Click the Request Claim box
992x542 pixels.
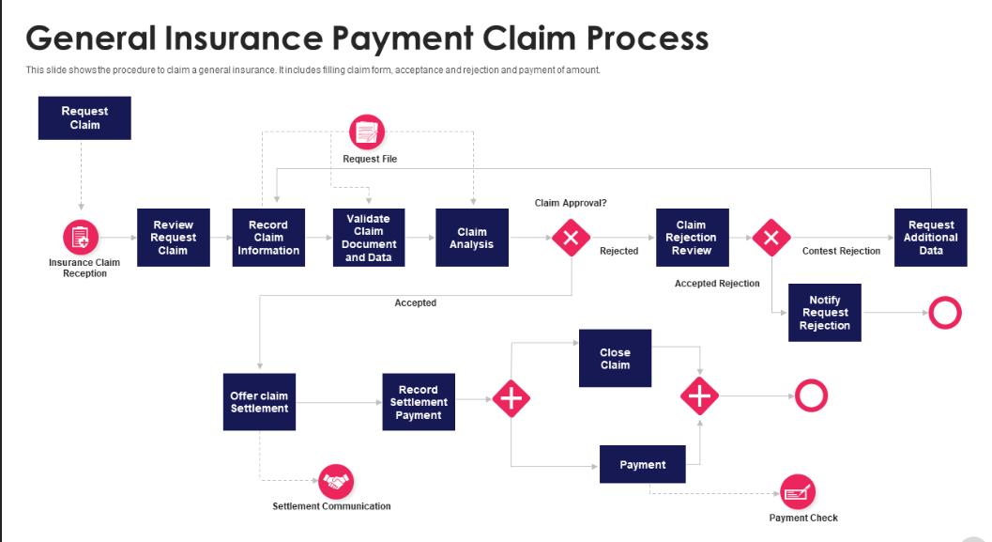coord(84,117)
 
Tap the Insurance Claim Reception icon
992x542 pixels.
coord(81,238)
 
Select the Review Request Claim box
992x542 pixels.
coord(174,238)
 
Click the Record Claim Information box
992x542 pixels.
coord(268,238)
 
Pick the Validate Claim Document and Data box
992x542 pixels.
coord(369,238)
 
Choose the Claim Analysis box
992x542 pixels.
coord(472,238)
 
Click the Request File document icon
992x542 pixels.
coord(367,132)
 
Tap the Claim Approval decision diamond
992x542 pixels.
coord(571,238)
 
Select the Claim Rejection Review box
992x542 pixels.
coord(692,238)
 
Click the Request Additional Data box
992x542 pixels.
coord(931,238)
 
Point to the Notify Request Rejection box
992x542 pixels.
coord(825,313)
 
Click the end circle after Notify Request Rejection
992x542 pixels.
coord(945,313)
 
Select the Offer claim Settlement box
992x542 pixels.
coord(259,402)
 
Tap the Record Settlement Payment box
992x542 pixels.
coord(419,402)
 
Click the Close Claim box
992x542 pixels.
coord(615,358)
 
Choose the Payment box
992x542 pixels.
coord(643,464)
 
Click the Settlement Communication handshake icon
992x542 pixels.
coord(336,482)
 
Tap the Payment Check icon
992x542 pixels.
coord(798,492)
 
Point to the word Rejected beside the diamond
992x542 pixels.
coord(619,251)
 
